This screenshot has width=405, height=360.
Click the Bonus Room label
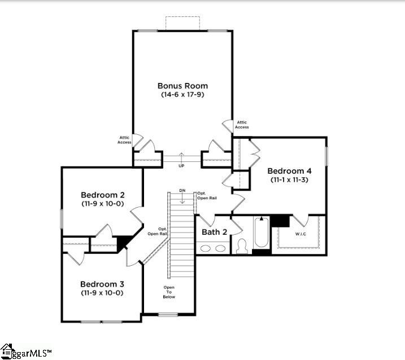coord(182,86)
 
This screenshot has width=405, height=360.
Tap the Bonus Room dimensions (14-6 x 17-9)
coord(182,94)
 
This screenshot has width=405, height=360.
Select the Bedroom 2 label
coord(103,195)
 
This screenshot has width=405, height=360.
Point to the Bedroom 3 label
coord(102,284)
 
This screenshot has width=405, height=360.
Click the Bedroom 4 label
coord(289,171)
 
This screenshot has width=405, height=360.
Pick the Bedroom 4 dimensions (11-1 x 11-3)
coord(289,179)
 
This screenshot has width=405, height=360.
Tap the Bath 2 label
coord(215,232)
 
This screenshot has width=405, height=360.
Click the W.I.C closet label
coord(301,234)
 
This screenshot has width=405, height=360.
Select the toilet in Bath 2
coord(242,246)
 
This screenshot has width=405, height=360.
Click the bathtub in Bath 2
coord(262,232)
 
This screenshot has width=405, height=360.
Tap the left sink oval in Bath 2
coord(206,248)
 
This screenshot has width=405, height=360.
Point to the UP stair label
coord(181,166)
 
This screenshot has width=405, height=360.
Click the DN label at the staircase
coord(182,191)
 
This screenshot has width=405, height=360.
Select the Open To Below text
coord(169,292)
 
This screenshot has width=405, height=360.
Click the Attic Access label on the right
coord(242,125)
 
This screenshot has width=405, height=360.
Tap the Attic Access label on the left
coord(124,140)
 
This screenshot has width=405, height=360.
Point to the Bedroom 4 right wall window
coord(326,156)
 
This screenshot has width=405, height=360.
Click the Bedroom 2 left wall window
coord(62,219)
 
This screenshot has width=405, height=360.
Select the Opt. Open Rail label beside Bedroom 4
coord(207,196)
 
